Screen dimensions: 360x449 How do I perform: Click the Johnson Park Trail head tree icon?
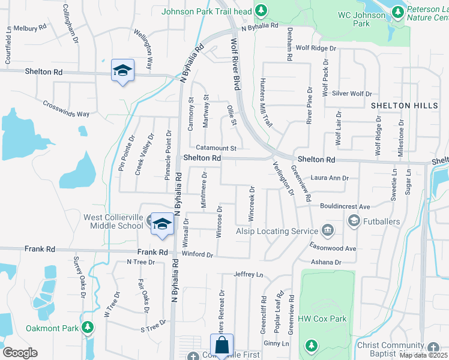[261, 10]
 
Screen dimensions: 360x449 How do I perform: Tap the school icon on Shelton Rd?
[122, 70]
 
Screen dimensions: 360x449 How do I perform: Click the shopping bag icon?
[221, 345]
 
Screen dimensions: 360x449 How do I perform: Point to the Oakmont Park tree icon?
[88, 328]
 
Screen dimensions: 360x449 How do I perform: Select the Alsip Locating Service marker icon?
[328, 230]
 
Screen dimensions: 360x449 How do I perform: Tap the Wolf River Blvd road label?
[235, 64]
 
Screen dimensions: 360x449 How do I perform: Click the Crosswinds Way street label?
[66, 108]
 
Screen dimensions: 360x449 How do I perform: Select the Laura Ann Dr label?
[330, 178]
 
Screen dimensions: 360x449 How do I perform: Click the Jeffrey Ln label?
[249, 274]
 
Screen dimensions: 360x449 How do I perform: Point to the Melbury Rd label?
[30, 28]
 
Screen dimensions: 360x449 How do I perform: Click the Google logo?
[20, 353]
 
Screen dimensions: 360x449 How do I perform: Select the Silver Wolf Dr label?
[352, 94]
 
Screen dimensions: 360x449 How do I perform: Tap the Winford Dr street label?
[197, 254]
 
